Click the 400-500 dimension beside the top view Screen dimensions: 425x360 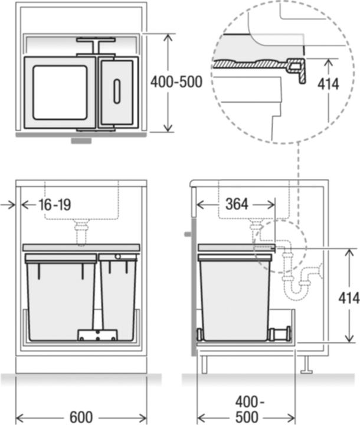tap(176, 83)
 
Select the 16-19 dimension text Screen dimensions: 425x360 tap(55, 205)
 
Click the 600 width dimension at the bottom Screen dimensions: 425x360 tap(81, 417)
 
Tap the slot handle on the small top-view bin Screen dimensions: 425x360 tap(117, 91)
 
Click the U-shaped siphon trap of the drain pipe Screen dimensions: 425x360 tap(298, 289)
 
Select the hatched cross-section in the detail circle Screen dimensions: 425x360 tap(254, 63)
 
